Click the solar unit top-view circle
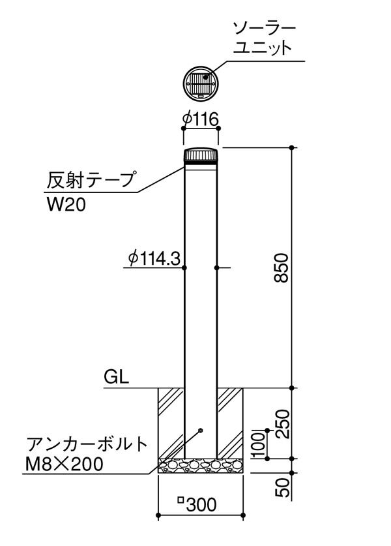click(201, 83)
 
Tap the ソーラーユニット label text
click(264, 38)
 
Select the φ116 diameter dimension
click(201, 120)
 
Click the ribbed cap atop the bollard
click(201, 155)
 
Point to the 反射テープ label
click(91, 180)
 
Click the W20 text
click(66, 205)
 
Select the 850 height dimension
click(282, 267)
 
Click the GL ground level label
click(116, 376)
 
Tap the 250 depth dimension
click(282, 424)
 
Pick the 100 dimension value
click(259, 445)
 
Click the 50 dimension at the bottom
click(282, 487)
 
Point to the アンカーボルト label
click(87, 444)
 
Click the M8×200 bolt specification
click(65, 464)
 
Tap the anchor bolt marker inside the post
click(200, 431)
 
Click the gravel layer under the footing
click(201, 466)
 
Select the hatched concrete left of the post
click(171, 423)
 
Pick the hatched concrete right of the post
click(230, 423)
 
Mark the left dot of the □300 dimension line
click(158, 515)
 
